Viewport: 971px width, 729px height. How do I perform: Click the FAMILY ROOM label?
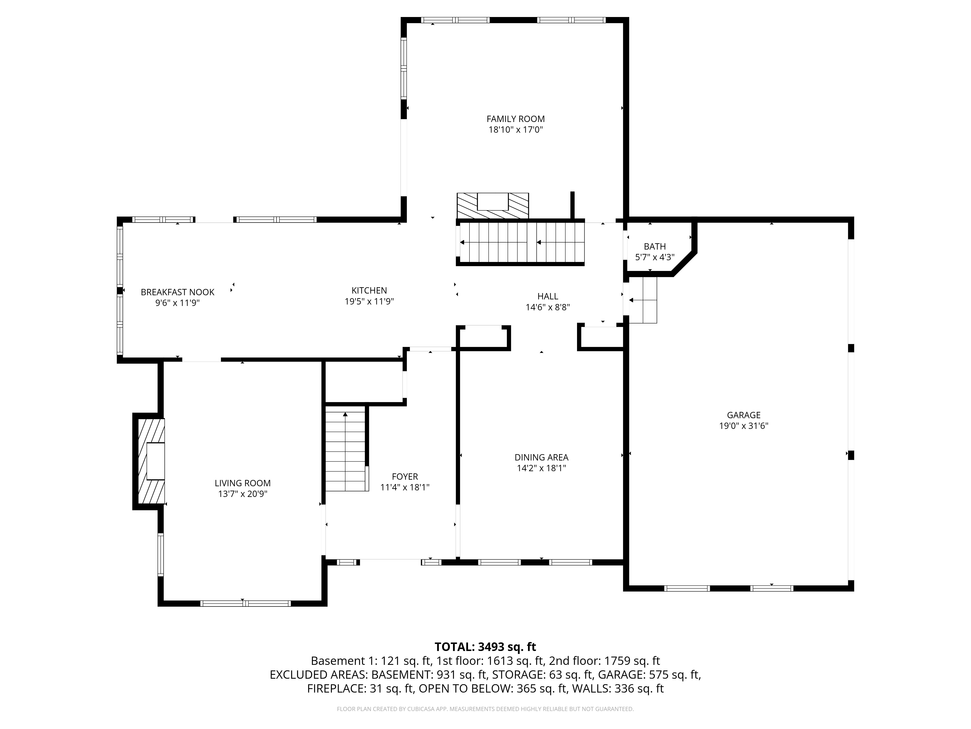pyautogui.click(x=515, y=119)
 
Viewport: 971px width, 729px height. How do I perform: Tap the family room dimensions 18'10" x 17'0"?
pyautogui.click(x=515, y=130)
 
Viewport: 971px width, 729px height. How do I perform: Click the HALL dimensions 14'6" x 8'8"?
pyautogui.click(x=547, y=307)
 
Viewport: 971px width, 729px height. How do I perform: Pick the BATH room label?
pyautogui.click(x=654, y=246)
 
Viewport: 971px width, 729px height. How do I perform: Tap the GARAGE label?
pyautogui.click(x=743, y=415)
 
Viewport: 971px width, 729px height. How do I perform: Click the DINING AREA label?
pyautogui.click(x=541, y=457)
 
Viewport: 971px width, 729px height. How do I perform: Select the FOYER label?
pyautogui.click(x=405, y=476)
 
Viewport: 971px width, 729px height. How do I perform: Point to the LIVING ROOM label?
pyautogui.click(x=242, y=483)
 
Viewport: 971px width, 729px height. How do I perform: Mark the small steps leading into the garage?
pyautogui.click(x=643, y=300)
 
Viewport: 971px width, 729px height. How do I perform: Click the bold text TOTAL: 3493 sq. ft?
pyautogui.click(x=485, y=647)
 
